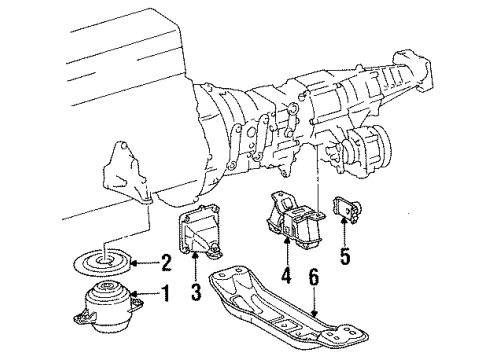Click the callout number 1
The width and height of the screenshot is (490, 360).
pyautogui.click(x=165, y=294)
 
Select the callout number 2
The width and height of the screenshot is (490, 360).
pyautogui.click(x=165, y=263)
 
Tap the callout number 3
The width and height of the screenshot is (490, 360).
pyautogui.click(x=196, y=291)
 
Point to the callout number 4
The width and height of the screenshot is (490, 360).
pyautogui.click(x=286, y=276)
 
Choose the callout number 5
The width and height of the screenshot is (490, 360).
pyautogui.click(x=345, y=256)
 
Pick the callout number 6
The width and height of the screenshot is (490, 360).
pyautogui.click(x=313, y=276)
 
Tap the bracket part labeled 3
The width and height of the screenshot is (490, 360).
pyautogui.click(x=199, y=232)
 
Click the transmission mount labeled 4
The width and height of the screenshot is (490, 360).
pyautogui.click(x=294, y=221)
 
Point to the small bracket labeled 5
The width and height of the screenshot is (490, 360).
pyautogui.click(x=347, y=210)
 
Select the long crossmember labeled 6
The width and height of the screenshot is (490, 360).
pyautogui.click(x=288, y=307)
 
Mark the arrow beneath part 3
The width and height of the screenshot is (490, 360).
pyautogui.click(x=196, y=266)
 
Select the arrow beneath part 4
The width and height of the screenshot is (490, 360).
pyautogui.click(x=286, y=251)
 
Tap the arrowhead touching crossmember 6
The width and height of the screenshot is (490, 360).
pyautogui.click(x=313, y=313)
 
